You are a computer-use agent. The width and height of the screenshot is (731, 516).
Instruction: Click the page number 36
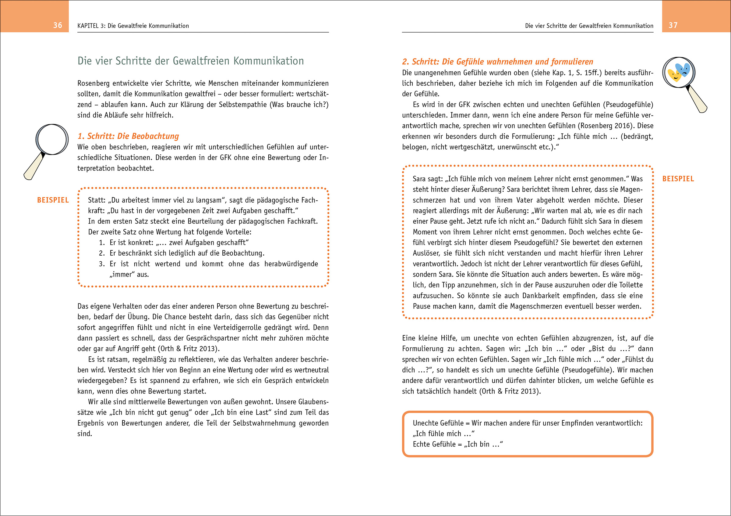[58, 26]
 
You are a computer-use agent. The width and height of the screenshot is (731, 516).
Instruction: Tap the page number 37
[673, 26]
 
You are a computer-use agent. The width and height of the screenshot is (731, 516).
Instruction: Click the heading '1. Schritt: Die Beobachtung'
[128, 136]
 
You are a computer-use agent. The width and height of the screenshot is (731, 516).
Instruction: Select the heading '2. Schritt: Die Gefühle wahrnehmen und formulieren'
[497, 62]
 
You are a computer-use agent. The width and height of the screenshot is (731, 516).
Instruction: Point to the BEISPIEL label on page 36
[53, 200]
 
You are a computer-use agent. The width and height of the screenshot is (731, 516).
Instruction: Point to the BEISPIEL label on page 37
[678, 179]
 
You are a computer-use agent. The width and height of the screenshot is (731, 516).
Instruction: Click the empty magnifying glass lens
[52, 140]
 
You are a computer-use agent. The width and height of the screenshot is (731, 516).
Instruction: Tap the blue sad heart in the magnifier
[683, 69]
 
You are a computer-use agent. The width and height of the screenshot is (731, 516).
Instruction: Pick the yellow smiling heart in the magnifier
[674, 76]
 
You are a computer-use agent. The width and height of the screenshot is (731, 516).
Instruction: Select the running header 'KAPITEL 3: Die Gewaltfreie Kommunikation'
[133, 26]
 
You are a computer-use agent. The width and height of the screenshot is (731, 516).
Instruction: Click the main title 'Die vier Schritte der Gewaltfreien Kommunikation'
[190, 61]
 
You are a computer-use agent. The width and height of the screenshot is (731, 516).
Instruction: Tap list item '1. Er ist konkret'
[174, 242]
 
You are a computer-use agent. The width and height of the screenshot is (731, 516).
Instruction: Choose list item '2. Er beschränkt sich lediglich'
[182, 253]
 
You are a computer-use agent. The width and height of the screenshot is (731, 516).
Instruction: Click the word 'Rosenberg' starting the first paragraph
[93, 83]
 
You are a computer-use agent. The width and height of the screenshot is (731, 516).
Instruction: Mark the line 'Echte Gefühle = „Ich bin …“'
[457, 444]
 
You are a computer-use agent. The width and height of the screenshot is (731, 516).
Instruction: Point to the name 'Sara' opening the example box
[419, 179]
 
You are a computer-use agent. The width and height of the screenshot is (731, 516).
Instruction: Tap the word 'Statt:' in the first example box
[97, 200]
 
